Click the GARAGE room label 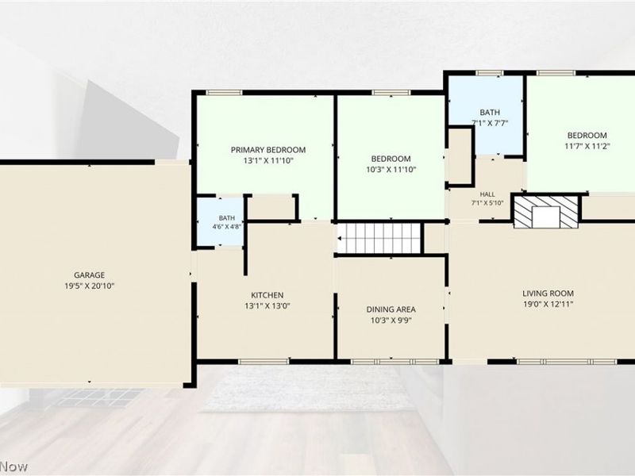pyautogui.click(x=90, y=275)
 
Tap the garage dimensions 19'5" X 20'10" pyautogui.click(x=90, y=286)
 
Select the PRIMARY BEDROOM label pyautogui.click(x=268, y=150)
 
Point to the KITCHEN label pyautogui.click(x=267, y=295)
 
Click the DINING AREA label pyautogui.click(x=391, y=309)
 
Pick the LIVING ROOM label pyautogui.click(x=548, y=294)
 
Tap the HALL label pyautogui.click(x=487, y=194)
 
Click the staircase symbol pyautogui.click(x=379, y=239)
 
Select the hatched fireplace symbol pyautogui.click(x=546, y=212)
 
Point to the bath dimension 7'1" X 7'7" pyautogui.click(x=490, y=123)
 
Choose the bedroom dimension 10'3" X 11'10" pyautogui.click(x=391, y=170)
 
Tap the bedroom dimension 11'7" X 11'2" pyautogui.click(x=587, y=146)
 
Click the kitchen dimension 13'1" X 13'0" pyautogui.click(x=267, y=306)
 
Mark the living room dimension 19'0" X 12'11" pyautogui.click(x=548, y=305)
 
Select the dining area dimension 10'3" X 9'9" pyautogui.click(x=391, y=321)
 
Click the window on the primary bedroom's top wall pyautogui.click(x=224, y=93)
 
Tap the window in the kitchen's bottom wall pyautogui.click(x=264, y=362)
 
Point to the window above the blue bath pyautogui.click(x=489, y=73)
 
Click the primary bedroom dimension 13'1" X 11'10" pyautogui.click(x=268, y=161)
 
